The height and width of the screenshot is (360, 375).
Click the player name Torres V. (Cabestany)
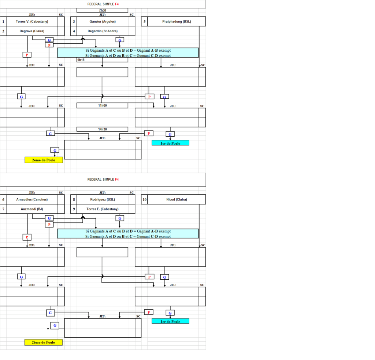pos(32,22)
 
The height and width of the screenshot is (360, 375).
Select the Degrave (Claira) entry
pos(32,31)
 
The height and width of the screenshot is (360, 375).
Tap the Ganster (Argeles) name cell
pos(103,22)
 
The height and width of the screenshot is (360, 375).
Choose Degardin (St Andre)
pos(103,31)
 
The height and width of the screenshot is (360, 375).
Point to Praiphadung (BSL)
pos(177,22)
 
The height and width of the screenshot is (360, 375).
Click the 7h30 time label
pos(103,10)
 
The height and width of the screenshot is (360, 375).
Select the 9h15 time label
pos(81,60)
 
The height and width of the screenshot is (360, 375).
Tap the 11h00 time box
pos(102,106)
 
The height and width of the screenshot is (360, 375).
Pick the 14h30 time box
pos(102,129)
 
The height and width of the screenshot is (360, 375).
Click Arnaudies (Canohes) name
pos(32,199)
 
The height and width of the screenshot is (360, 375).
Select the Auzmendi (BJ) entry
pos(32,209)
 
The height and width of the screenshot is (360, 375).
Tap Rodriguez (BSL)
pos(103,199)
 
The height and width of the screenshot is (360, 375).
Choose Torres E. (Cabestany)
pos(103,209)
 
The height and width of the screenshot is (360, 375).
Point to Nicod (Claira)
pos(177,199)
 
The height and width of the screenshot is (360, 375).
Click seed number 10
pos(145,199)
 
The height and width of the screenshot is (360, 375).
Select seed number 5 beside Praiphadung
pos(145,22)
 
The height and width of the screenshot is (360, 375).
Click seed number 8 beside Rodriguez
pos(74,199)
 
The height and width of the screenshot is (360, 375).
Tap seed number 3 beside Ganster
pos(74,22)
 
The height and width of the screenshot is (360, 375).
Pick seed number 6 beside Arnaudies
pos(3,199)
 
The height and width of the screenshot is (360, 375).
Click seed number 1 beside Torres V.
pos(3,22)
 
